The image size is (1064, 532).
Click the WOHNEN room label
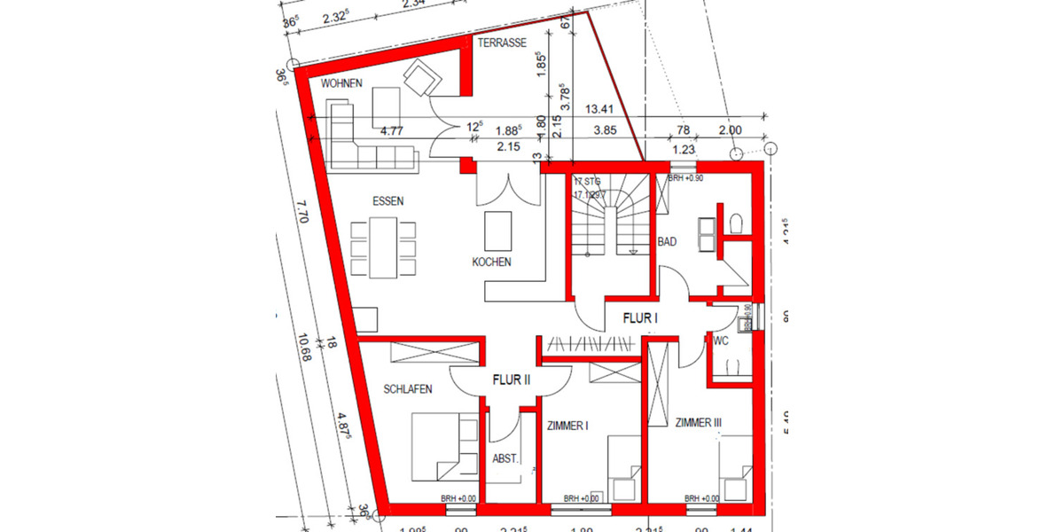(343, 83)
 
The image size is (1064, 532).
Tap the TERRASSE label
(502, 43)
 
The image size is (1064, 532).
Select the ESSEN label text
(388, 201)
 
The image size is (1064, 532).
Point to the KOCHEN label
(491, 262)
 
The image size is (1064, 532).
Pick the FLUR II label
(511, 379)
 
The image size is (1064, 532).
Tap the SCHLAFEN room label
(408, 389)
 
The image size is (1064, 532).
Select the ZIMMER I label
(567, 426)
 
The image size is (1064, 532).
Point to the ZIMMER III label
(698, 424)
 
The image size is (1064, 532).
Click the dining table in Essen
(383, 247)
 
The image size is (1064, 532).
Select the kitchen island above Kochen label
(498, 231)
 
